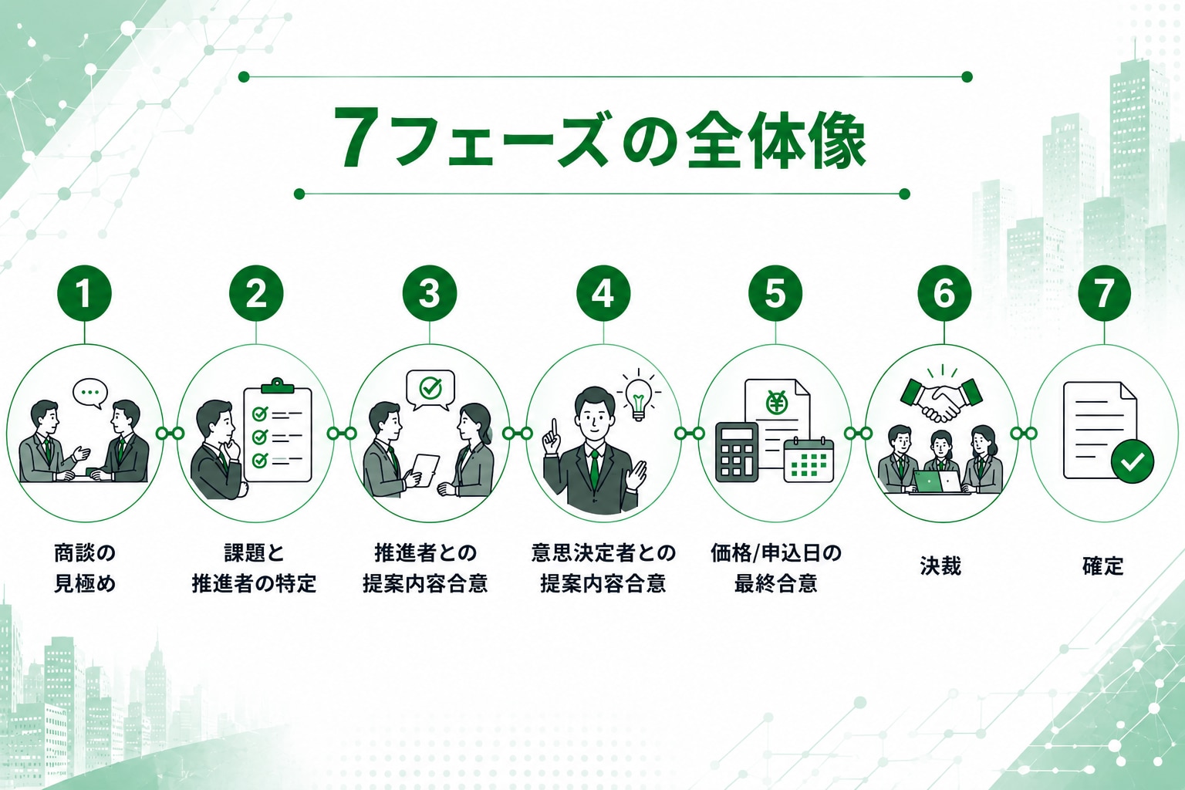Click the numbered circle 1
click(85, 293)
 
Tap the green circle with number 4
click(603, 293)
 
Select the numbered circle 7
click(1104, 293)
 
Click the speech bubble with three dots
click(90, 393)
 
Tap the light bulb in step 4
click(639, 397)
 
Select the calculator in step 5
click(737, 452)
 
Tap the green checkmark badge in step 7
click(1133, 461)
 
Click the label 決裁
click(940, 567)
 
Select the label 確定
click(1102, 567)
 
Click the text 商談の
click(85, 553)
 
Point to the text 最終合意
click(775, 584)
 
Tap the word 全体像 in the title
click(775, 139)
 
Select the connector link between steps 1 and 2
click(170, 434)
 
